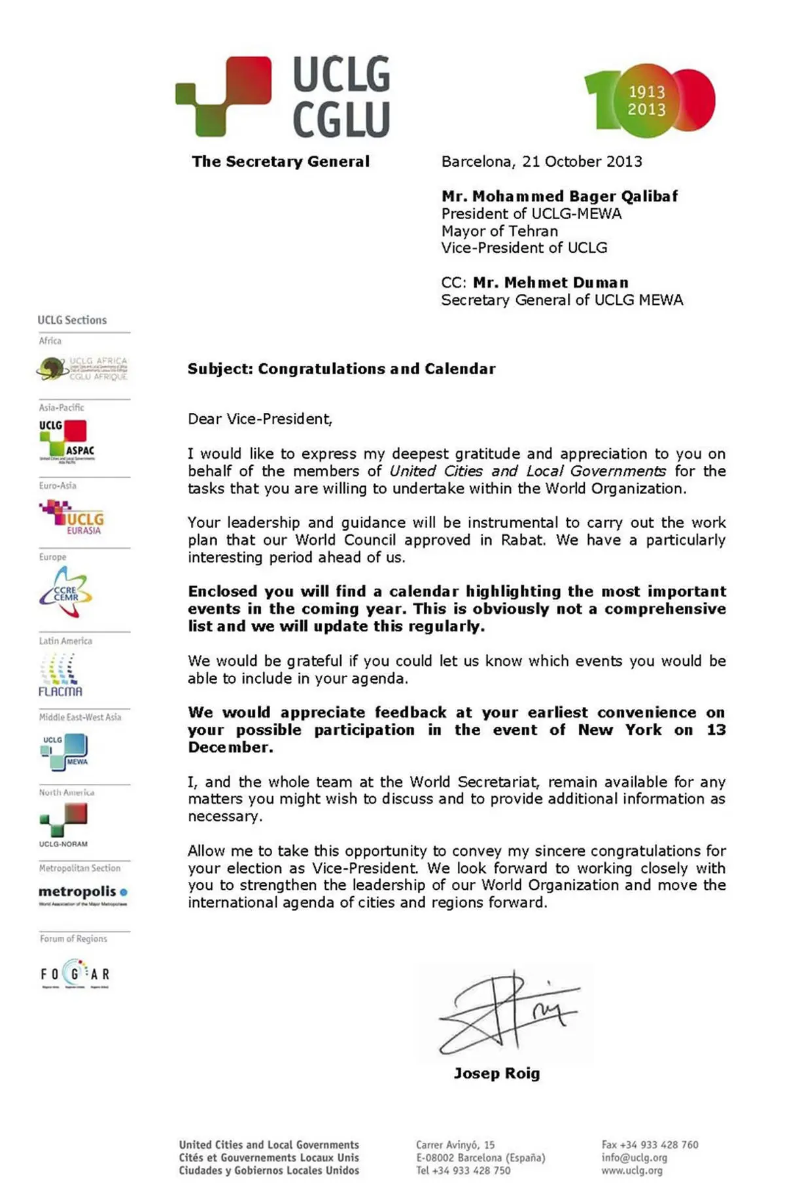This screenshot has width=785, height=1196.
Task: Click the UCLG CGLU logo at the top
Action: (283, 96)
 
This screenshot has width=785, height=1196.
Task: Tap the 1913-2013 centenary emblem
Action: (649, 100)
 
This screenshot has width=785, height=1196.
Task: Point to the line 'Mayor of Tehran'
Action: (499, 231)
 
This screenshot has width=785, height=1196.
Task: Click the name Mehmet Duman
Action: (550, 283)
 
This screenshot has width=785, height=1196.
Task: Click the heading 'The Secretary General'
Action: (281, 162)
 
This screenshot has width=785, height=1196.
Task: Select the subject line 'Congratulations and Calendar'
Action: (376, 369)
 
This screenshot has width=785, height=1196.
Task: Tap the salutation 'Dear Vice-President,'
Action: (260, 419)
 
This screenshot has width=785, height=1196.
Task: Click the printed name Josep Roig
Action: (497, 1073)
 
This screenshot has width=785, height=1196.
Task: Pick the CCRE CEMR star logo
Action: (65, 593)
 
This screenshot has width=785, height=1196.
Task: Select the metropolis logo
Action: (82, 894)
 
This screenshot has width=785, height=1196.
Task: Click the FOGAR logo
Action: (75, 974)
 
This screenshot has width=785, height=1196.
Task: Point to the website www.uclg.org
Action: (631, 1170)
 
